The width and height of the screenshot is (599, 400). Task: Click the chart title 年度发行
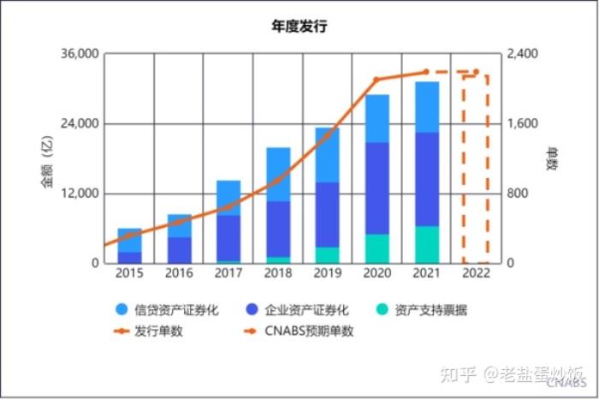tap(299, 27)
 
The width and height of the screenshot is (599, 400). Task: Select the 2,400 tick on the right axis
tap(523, 54)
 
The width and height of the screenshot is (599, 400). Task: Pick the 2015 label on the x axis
tap(129, 274)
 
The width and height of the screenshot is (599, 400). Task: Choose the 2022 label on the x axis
tap(476, 274)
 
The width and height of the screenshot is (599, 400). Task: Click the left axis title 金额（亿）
tap(48, 159)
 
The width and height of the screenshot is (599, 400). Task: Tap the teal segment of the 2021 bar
tap(426, 244)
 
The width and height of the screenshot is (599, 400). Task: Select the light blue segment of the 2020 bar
tap(377, 118)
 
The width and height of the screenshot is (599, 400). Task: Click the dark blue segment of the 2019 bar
tap(327, 214)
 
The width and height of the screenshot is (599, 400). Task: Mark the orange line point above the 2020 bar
tap(376, 80)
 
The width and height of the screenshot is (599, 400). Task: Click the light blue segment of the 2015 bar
tap(129, 240)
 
